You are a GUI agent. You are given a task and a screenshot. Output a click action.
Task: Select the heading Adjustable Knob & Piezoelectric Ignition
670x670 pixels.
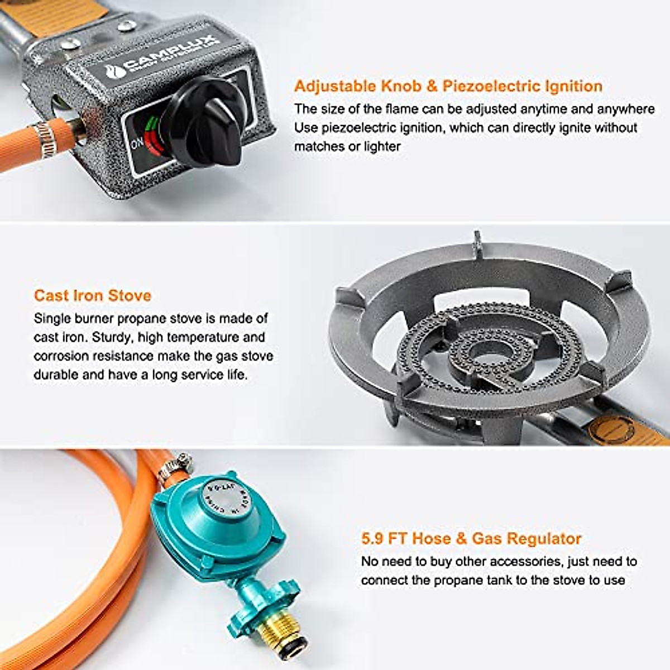point(448,86)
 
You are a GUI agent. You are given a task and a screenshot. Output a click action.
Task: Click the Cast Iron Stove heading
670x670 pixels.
point(92,295)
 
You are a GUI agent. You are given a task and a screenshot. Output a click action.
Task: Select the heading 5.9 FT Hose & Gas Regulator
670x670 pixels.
point(471,539)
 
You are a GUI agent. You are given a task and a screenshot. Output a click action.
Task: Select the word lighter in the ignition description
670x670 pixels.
point(379,147)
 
